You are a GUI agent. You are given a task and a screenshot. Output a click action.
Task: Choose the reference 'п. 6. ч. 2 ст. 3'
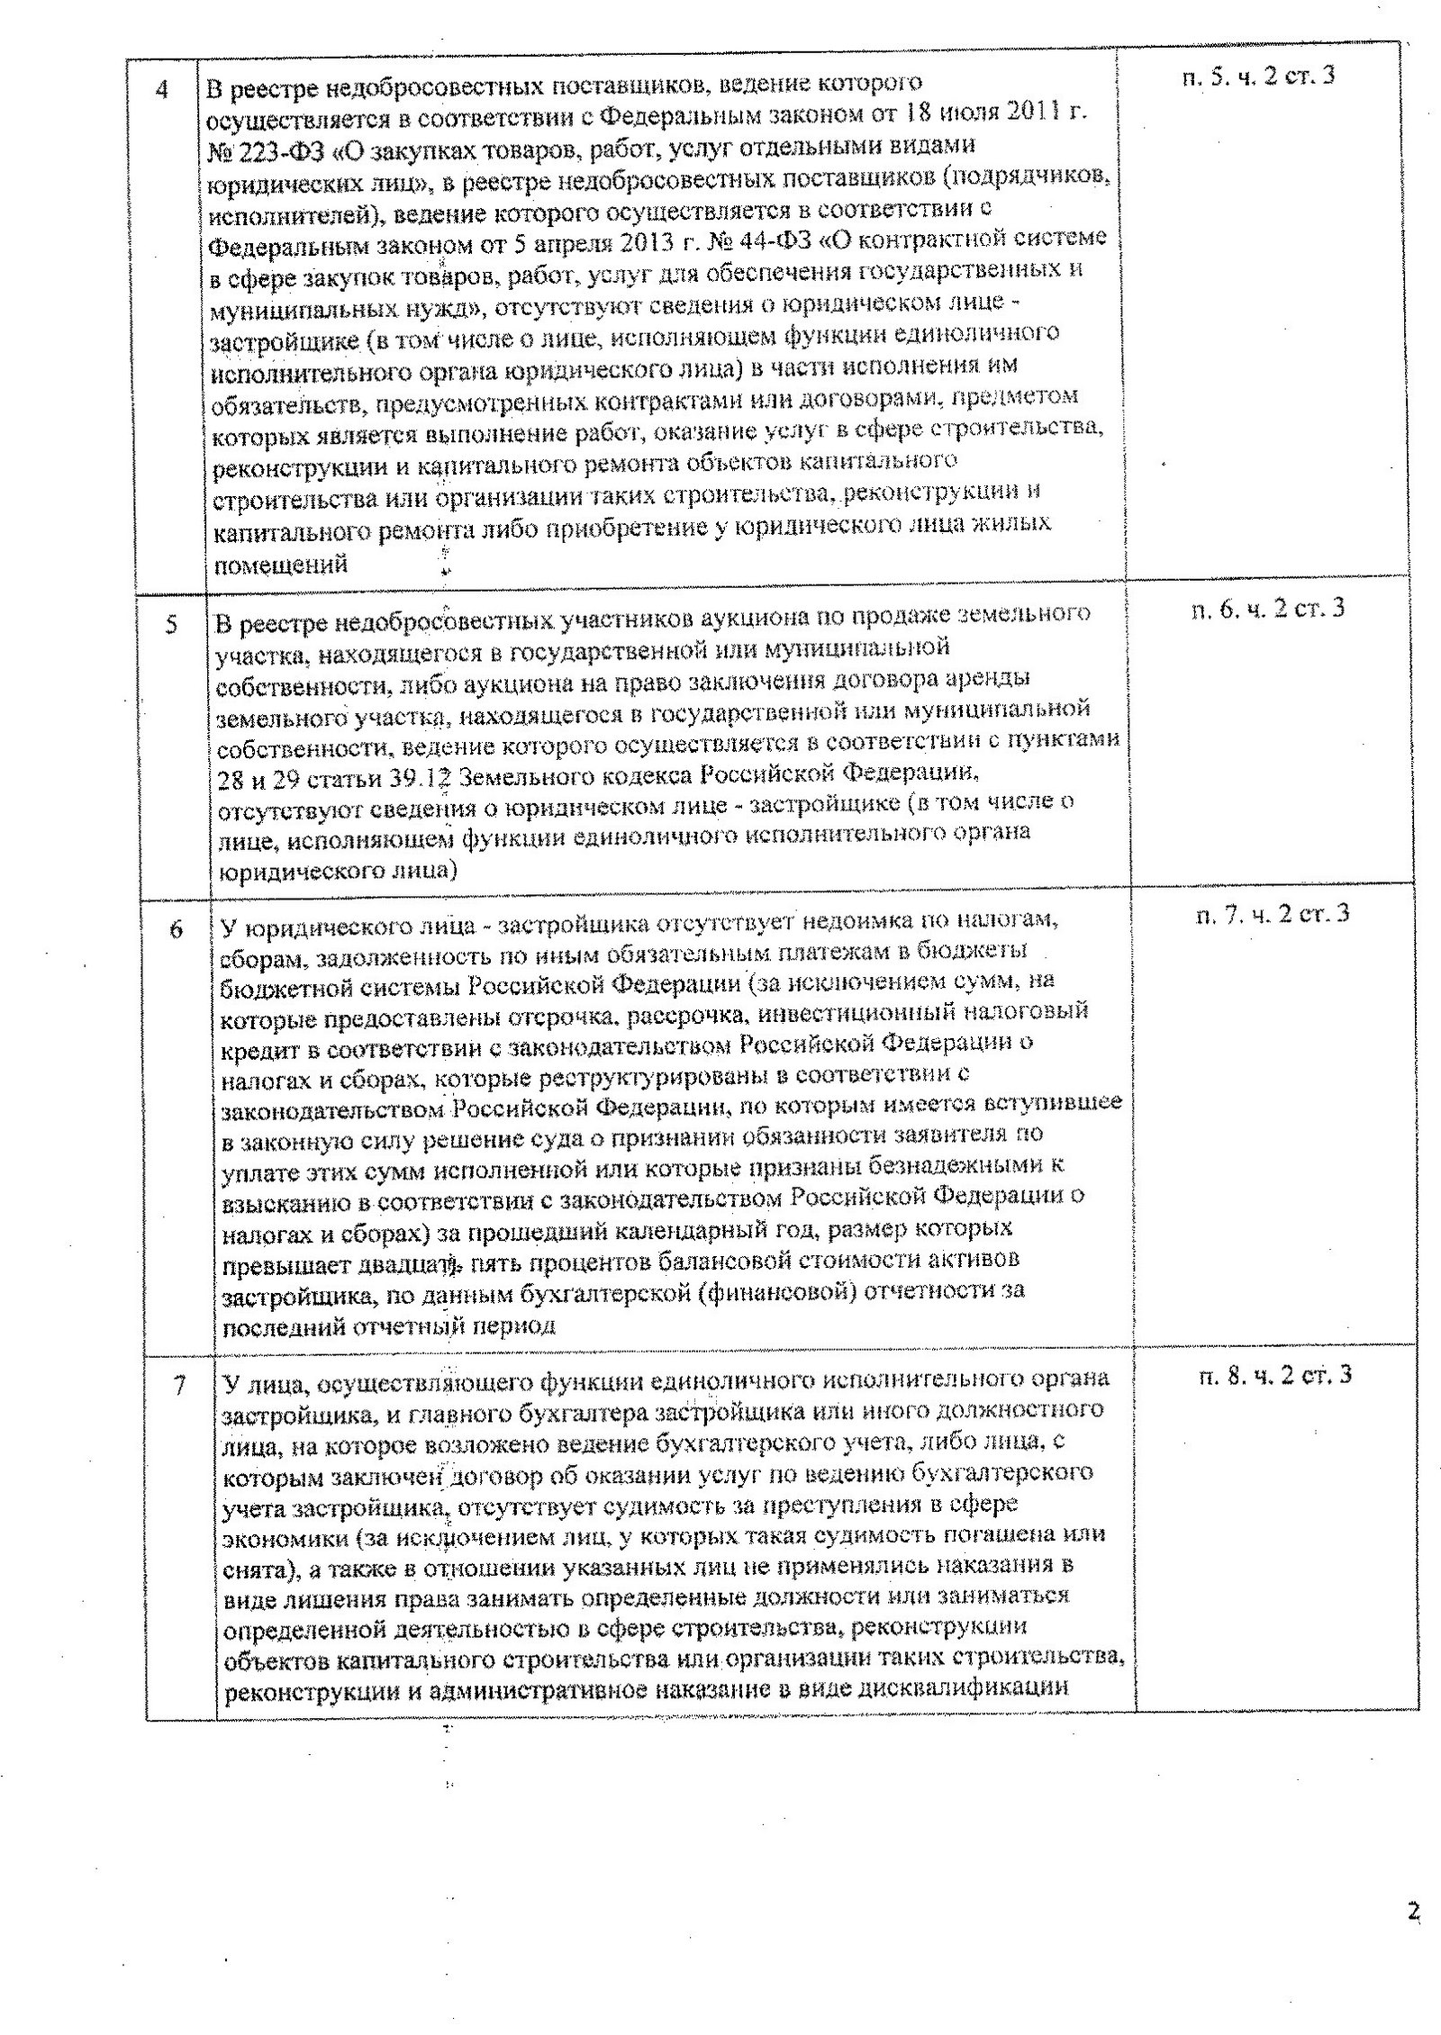point(1267,610)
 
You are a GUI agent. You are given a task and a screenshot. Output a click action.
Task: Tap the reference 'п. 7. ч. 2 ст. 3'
point(1272,915)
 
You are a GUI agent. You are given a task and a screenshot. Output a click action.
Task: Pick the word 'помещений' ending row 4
point(279,565)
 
